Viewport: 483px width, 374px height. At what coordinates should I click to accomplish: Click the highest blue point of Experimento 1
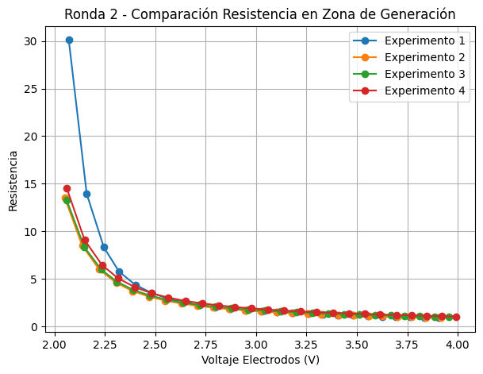tap(69, 40)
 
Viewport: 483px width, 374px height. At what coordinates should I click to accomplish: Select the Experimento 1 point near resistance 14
tap(86, 194)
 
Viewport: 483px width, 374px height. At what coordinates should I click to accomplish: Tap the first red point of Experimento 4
tap(67, 188)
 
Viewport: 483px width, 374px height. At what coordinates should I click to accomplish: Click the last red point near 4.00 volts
tap(456, 317)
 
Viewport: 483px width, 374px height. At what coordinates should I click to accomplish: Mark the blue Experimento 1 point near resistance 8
tap(104, 247)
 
